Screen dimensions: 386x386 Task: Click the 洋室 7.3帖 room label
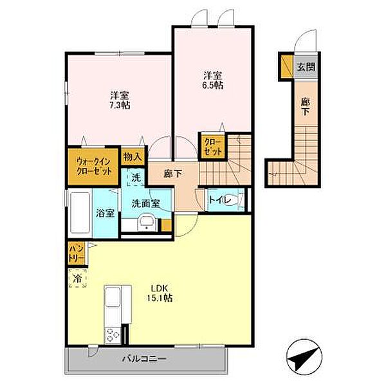pos(118,100)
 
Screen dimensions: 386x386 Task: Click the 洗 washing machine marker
pos(136,177)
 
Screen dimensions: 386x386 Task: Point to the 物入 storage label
pos(133,156)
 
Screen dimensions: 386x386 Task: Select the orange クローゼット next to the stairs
pos(213,147)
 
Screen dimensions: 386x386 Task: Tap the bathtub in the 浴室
pos(80,214)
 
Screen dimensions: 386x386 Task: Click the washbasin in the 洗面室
pos(146,224)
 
